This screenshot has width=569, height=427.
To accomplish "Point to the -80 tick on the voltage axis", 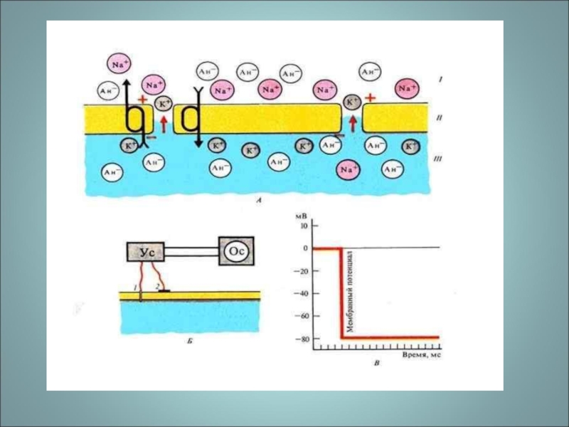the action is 304,338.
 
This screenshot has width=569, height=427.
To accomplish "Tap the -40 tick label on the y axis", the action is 304,293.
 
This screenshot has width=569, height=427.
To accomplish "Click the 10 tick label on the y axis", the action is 306,226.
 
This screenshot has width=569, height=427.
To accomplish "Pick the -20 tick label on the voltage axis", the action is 304,271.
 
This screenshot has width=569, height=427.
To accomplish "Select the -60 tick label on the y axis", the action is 304,316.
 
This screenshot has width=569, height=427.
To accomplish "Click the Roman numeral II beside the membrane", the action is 440,119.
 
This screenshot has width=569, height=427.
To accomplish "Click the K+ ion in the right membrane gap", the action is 352,103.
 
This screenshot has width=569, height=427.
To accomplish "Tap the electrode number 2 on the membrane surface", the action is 157,285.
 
